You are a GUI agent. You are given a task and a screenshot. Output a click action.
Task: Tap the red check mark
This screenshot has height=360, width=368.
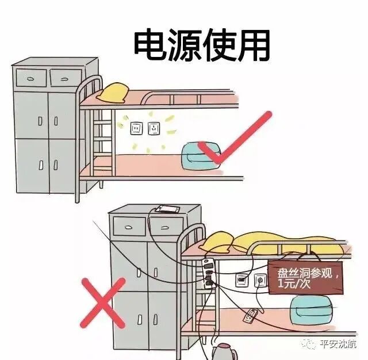(233, 141)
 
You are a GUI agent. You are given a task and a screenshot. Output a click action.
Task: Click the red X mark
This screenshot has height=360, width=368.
(103, 301)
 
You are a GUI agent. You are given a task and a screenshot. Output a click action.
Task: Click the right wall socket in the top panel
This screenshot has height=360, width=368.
(154, 128)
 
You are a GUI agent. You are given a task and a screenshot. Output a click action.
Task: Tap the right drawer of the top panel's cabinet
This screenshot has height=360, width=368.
(65, 76)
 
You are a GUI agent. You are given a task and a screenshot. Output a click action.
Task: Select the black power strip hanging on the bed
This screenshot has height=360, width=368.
(208, 273)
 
